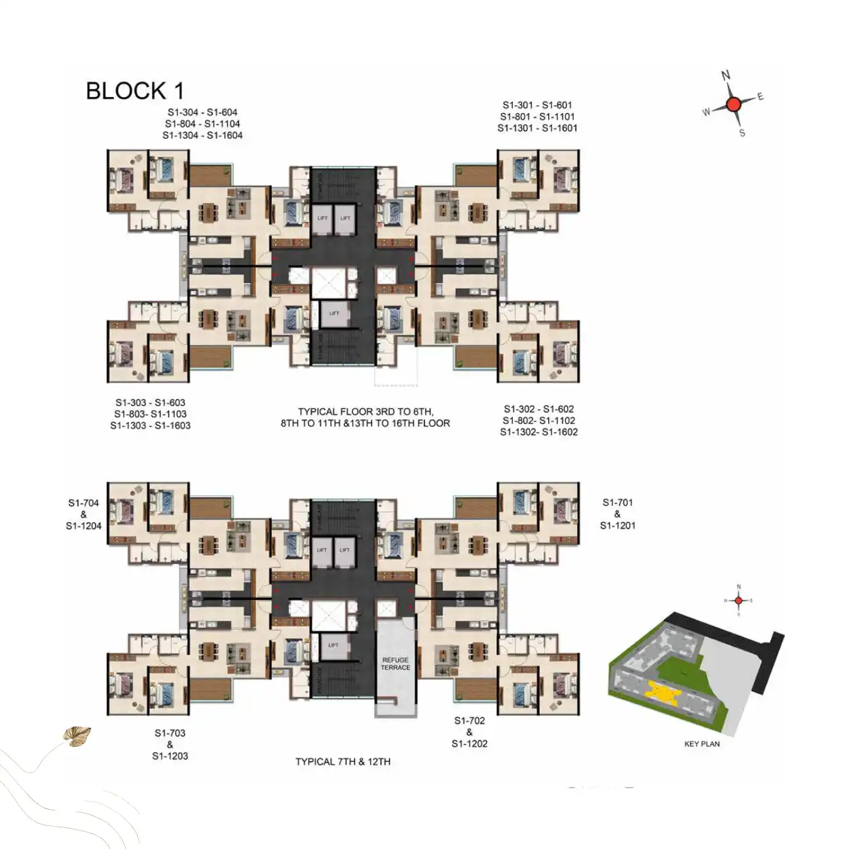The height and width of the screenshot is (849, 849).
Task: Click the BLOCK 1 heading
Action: point(135,91)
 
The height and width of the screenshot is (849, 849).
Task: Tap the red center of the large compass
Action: point(733,104)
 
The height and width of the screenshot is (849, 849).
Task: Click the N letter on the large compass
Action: point(726,75)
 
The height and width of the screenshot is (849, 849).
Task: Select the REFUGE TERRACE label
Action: point(396,664)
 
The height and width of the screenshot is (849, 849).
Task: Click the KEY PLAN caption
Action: point(702,744)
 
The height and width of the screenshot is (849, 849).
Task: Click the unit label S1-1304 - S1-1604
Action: point(202,136)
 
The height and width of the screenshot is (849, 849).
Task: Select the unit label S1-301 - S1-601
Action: point(537,105)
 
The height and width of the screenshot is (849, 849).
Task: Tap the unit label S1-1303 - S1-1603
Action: point(150,426)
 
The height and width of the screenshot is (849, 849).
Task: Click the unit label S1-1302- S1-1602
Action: point(538,432)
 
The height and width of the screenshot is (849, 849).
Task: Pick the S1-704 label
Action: point(83,503)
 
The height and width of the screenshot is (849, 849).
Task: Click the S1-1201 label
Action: point(618,525)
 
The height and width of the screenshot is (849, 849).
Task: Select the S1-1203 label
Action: point(170,756)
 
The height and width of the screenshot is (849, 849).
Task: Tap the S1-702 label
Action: point(469,721)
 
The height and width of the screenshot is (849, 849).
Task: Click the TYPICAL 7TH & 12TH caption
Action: point(343,762)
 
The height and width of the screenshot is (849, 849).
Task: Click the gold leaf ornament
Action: point(77,736)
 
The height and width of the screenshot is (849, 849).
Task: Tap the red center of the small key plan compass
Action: point(738,600)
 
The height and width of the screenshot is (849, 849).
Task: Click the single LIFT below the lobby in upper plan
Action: point(334,313)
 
